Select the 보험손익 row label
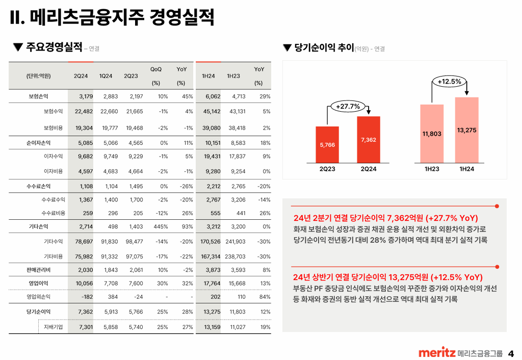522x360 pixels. click(x=39, y=96)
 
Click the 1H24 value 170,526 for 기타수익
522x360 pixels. click(x=211, y=241)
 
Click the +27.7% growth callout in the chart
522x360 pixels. click(x=348, y=107)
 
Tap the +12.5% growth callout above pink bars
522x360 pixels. click(x=449, y=81)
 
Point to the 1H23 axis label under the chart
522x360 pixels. click(x=432, y=169)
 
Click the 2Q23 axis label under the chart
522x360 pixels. click(x=327, y=169)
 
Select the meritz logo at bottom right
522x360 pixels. click(x=436, y=353)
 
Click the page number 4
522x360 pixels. click(x=511, y=353)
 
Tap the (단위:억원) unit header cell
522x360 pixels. click(x=38, y=76)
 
